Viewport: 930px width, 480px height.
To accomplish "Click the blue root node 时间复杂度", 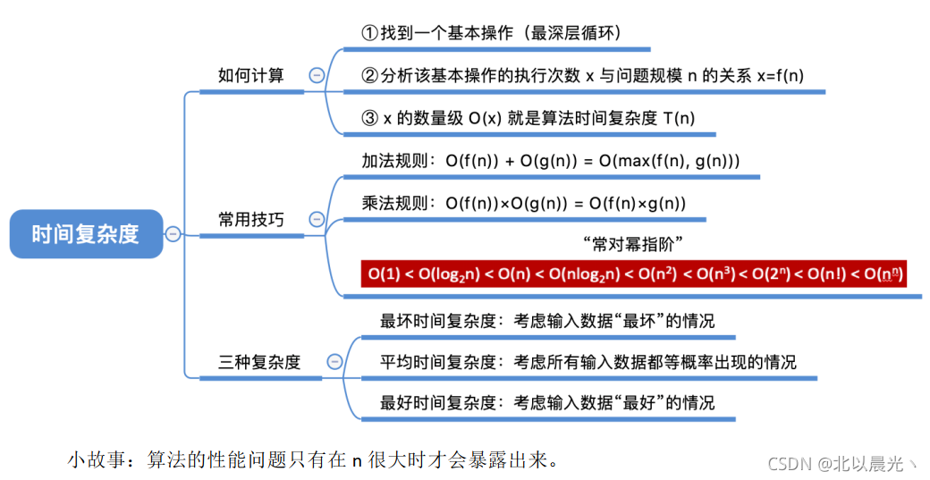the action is (86, 234).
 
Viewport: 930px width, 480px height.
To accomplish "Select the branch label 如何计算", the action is (250, 75).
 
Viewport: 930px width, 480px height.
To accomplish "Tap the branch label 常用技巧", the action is (250, 219).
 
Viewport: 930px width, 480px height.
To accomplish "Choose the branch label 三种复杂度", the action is (259, 362).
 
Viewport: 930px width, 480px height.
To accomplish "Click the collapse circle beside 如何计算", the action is (316, 76).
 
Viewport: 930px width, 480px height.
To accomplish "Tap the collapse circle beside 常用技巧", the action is (316, 219).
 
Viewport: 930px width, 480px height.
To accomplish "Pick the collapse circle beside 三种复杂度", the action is (334, 362).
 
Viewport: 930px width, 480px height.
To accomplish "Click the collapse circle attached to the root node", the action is (173, 234).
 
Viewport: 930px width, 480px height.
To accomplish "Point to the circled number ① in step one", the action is (369, 33).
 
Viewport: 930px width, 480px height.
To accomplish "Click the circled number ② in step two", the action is (369, 75).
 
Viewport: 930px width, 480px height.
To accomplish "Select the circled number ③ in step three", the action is (369, 117).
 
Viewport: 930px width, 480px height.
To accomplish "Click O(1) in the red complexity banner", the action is (385, 274).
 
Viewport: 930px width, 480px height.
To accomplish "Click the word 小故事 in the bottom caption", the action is (94, 461).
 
